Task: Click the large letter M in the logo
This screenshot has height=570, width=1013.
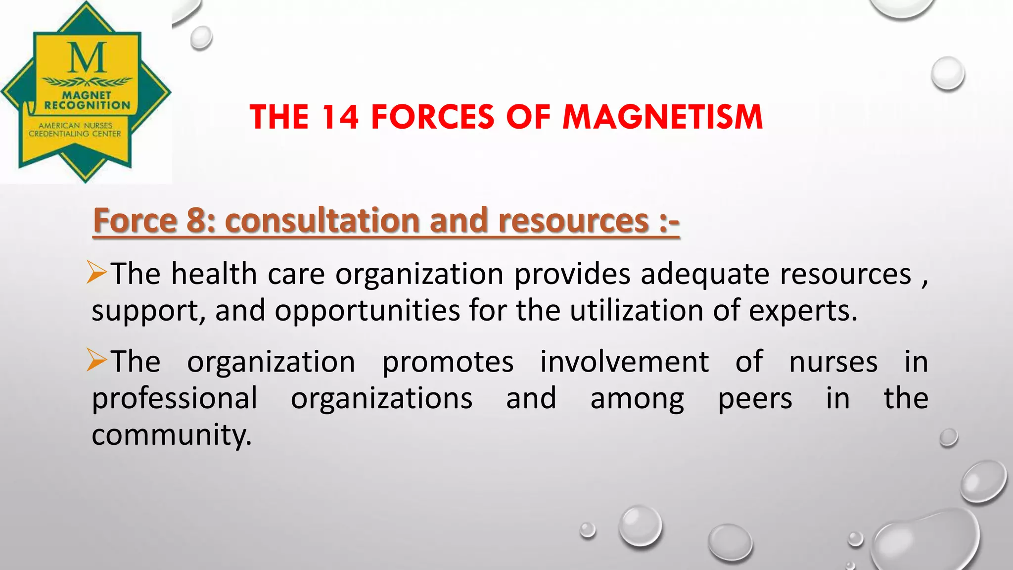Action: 88,57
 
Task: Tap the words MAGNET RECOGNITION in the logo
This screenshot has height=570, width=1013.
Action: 87,100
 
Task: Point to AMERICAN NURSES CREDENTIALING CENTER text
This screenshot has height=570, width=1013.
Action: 75,130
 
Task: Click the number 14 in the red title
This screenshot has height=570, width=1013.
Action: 339,117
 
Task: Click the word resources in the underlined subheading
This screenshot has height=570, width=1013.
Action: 573,221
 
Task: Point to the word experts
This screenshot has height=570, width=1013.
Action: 802,311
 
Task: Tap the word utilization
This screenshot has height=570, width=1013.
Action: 637,311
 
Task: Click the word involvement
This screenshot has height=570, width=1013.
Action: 624,362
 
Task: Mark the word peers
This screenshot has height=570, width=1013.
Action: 755,399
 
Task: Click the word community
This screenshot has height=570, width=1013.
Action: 172,435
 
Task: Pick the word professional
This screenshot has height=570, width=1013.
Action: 175,399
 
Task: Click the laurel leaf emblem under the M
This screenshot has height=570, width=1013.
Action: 87,81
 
